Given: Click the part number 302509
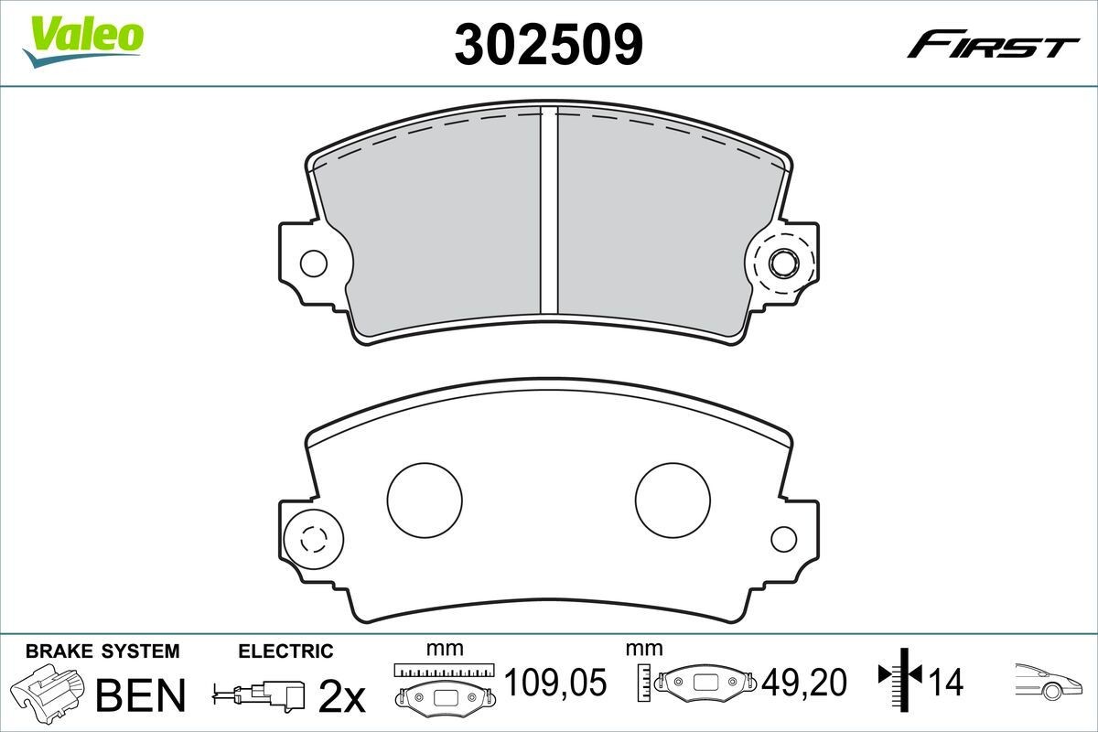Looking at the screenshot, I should (x=548, y=43).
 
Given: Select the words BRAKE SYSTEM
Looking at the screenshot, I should (x=102, y=651).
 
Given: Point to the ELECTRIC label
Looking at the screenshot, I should (x=285, y=651).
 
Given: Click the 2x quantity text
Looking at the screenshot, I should (x=340, y=697).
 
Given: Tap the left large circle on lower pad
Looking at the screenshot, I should (x=425, y=500).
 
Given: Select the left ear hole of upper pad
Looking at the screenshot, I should (x=313, y=264).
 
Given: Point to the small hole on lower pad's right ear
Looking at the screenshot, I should (x=783, y=539).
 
